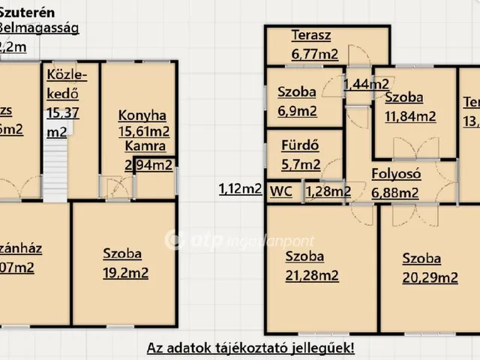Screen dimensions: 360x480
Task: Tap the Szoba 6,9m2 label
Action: (x=296, y=102)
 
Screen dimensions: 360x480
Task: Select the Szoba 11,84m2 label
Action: (x=409, y=106)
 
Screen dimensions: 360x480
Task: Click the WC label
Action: (x=281, y=190)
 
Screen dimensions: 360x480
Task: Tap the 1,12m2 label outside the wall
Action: (x=240, y=189)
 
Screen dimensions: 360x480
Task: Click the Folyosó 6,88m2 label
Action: (x=396, y=183)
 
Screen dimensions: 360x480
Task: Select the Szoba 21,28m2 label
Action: (x=311, y=265)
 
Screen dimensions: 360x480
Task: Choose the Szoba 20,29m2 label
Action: (x=430, y=268)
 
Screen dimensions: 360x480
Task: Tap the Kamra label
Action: (x=145, y=146)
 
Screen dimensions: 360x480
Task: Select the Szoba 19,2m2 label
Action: (x=125, y=263)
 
